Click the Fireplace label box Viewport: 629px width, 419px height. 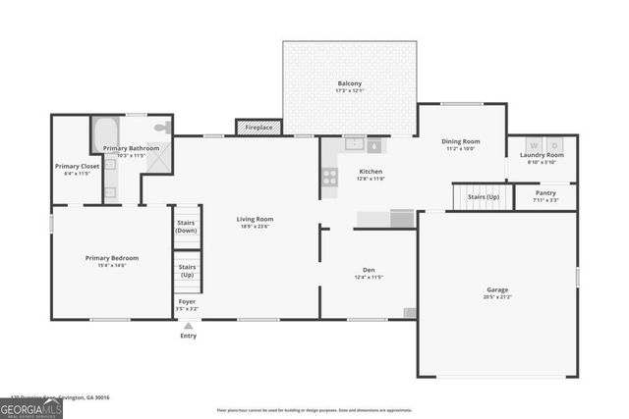259,127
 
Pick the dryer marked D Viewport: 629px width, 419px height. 554,146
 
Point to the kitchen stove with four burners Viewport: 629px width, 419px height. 330,177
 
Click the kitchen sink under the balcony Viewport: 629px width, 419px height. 354,144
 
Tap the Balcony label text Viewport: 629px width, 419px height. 350,84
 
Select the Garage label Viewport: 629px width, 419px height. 497,289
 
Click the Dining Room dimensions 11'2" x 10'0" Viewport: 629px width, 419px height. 460,149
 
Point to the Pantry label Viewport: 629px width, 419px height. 544,193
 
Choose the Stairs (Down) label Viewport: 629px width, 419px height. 187,227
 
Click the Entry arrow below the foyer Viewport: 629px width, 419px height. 188,325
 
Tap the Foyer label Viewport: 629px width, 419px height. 187,301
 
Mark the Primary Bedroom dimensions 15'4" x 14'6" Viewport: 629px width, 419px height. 111,265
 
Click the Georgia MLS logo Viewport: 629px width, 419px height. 31,407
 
